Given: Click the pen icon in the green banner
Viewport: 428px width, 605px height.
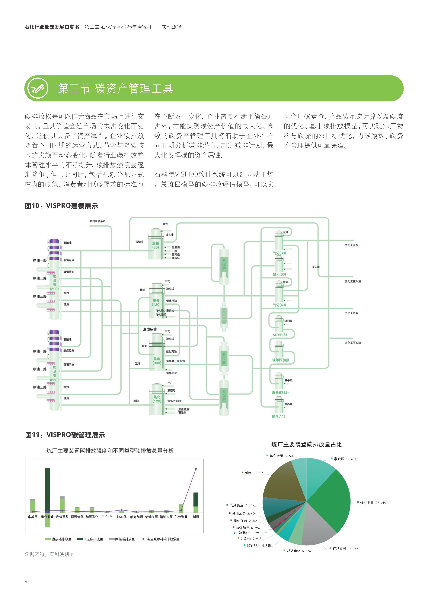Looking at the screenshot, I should (38, 88).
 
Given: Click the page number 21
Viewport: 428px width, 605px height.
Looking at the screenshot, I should (27, 583).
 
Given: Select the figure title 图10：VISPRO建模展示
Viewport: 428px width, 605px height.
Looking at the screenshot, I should (61, 206).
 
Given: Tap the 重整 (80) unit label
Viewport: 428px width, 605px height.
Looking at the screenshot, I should (156, 245).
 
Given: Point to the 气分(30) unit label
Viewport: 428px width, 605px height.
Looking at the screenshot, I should (279, 253).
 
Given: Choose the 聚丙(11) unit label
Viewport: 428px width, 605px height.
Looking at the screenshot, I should (279, 416).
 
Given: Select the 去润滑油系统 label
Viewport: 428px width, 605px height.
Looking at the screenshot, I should (97, 221).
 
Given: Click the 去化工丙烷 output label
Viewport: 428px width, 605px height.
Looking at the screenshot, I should (352, 245).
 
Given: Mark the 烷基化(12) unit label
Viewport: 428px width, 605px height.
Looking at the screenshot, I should (280, 392).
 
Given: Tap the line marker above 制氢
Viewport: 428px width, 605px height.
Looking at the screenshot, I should (196, 469).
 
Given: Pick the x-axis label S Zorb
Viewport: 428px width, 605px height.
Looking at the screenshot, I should (107, 516).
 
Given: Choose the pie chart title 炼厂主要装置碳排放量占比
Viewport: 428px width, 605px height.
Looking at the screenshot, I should (306, 445).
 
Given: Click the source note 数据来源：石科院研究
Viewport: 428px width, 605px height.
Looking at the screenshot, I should (49, 554).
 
